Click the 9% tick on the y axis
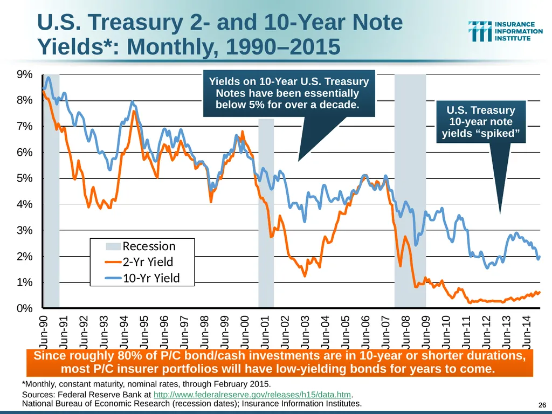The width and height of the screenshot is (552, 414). coord(25,74)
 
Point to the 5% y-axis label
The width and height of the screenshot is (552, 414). coord(25,178)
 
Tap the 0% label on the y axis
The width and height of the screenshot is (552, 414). coord(25,308)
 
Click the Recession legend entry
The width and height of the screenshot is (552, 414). coord(141,246)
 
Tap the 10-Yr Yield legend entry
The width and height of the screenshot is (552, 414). coord(142,278)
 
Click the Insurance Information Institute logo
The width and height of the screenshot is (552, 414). coord(505,31)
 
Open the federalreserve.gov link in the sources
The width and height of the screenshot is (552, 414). coord(252,395)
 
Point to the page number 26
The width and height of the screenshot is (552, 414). coord(542,405)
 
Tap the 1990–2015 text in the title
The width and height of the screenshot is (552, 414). coord(283,46)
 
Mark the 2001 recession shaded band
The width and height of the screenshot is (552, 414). coord(266,213)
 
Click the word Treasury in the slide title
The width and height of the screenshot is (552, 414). coord(135,22)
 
